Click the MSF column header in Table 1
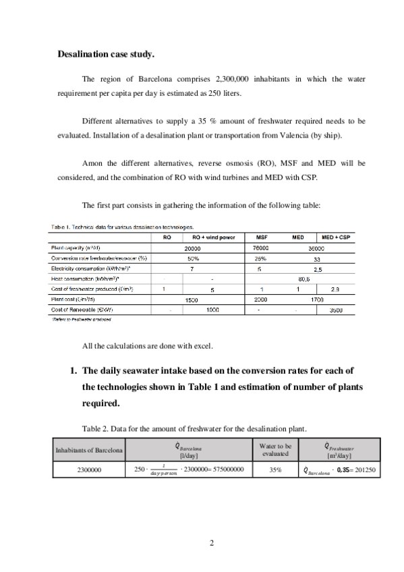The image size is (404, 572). click(260, 237)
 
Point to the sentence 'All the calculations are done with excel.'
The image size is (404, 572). click(147, 346)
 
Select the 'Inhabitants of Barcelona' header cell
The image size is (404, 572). click(89, 449)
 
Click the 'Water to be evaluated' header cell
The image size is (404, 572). click(275, 449)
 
